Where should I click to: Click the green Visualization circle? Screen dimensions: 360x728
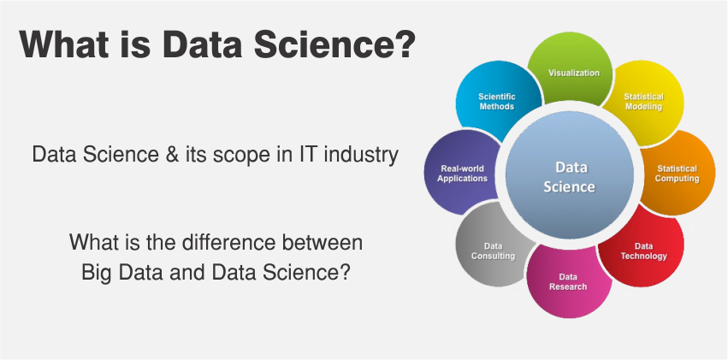(x=573, y=74)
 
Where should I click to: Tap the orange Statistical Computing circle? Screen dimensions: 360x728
(x=677, y=174)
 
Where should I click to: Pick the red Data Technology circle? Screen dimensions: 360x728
(x=643, y=251)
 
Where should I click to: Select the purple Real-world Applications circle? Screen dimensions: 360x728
(x=463, y=174)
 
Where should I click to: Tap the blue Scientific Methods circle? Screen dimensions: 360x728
(x=497, y=101)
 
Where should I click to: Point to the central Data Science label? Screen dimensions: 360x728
(x=570, y=176)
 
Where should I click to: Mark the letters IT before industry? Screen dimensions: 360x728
(x=305, y=156)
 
